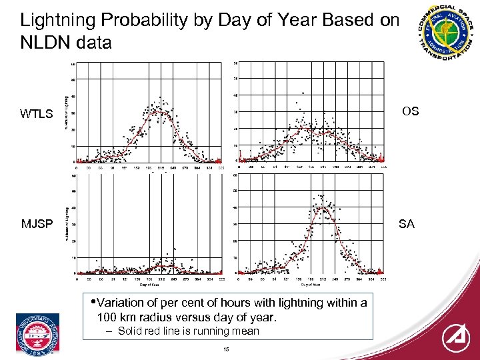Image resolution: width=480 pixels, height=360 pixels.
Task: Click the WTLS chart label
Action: tap(37, 113)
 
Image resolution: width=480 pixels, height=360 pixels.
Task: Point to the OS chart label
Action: tap(410, 111)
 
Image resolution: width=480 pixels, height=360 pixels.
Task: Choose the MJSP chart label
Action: tap(37, 224)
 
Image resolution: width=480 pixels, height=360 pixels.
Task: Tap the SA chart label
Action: tap(407, 224)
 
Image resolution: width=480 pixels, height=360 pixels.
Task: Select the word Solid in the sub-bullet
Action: tap(131, 331)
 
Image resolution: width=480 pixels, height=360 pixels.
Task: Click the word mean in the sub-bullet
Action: tap(245, 331)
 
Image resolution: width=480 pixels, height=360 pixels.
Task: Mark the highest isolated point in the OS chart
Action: tap(303, 93)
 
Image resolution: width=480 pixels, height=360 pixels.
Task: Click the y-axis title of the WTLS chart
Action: tap(65, 114)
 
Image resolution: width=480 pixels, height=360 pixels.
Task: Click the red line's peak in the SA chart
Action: tap(325, 208)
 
